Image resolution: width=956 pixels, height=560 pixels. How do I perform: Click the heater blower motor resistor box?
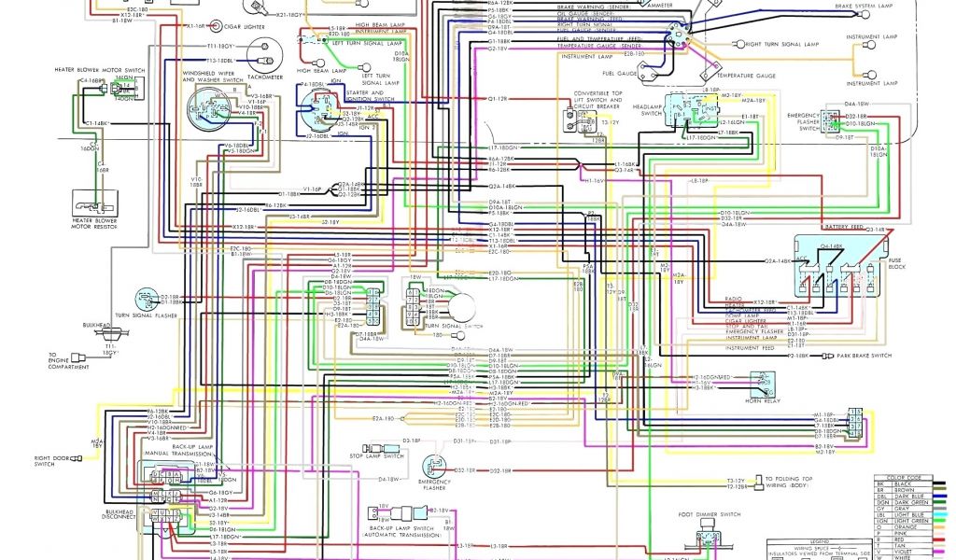coord(92,202)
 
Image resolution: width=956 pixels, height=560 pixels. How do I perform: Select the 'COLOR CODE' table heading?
coord(901,478)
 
